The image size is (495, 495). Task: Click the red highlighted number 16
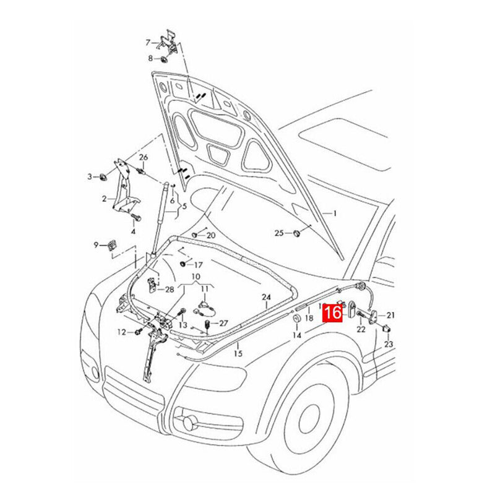pos(333,312)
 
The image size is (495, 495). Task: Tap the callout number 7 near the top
pos(148,42)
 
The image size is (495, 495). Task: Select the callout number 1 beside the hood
pos(335,213)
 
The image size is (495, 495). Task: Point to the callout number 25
pos(279,233)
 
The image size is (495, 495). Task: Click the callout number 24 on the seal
pos(267,297)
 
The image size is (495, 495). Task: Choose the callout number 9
pos(96,244)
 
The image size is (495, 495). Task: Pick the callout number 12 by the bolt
pos(121,332)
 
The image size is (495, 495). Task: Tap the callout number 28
pos(170,289)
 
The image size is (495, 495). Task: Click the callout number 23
pos(389,344)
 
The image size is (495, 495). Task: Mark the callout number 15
pos(238,353)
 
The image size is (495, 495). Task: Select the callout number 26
pos(144,157)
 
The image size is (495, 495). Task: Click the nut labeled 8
pos(163,59)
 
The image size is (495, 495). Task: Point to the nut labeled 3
pos(103,177)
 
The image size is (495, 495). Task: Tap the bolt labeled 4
pos(137,218)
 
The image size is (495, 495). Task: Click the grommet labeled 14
pos(296,319)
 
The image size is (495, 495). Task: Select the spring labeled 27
pos(207,325)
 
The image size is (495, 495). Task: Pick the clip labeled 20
pos(195,235)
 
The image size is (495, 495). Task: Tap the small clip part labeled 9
pos(112,245)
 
